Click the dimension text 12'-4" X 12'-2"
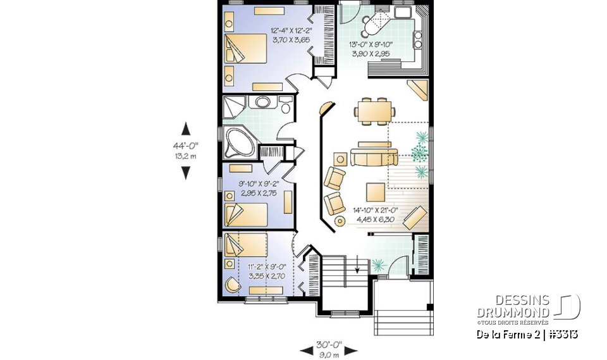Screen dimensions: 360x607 point(290,30)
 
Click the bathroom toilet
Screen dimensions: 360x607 point(285,107)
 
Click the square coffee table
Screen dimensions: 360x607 point(374,192)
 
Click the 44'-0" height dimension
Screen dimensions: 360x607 point(185,146)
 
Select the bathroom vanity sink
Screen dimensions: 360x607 point(261,102)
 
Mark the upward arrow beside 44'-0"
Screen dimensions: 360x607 point(185,129)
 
